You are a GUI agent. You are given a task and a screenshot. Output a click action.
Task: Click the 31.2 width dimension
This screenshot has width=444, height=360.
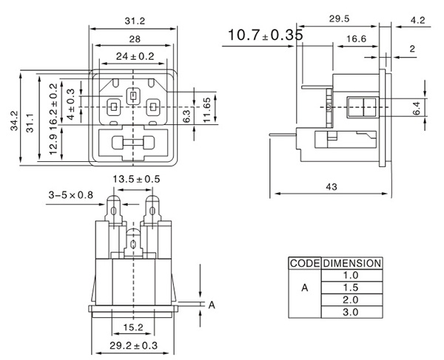134,21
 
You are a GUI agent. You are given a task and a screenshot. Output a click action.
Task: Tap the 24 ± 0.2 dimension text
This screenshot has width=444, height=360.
134,55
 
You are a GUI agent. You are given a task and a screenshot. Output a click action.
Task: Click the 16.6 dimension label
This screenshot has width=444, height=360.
355,38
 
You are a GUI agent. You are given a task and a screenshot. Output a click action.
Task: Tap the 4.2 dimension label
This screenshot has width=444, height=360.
417,21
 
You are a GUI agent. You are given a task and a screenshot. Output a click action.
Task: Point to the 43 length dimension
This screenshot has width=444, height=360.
331,187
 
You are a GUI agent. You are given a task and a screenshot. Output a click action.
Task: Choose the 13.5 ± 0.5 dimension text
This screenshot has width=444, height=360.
135,179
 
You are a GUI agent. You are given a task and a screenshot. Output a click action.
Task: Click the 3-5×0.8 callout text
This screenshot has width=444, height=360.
70,195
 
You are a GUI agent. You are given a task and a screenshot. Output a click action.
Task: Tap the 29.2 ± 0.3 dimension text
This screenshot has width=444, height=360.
134,344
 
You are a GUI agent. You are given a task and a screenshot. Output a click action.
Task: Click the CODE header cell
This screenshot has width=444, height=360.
304,263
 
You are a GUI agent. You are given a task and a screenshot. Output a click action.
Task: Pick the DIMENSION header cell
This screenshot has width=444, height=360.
351,263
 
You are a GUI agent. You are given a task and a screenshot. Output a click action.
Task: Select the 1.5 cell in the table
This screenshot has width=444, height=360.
351,288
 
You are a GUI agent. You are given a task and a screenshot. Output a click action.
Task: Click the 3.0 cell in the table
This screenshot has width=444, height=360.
351,313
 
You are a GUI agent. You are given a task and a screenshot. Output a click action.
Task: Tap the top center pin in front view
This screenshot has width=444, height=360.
133,95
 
